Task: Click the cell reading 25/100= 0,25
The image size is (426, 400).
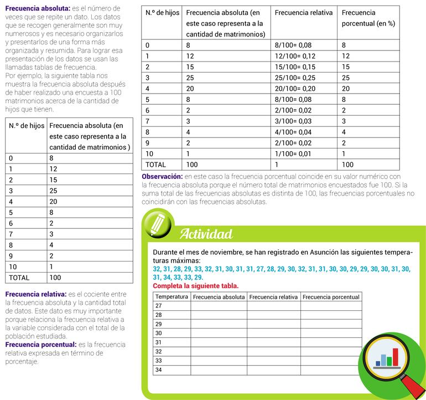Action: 295,78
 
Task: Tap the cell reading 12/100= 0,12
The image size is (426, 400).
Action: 295,56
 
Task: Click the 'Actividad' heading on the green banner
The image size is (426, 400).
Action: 206,234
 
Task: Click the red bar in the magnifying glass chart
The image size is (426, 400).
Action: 396,356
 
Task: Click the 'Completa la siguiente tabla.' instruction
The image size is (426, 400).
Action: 195,286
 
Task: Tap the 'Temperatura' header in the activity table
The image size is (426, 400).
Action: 172,297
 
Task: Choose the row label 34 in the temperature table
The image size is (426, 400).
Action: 159,370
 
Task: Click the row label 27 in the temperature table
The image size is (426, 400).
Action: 159,306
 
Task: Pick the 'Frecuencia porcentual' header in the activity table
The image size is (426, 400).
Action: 331,297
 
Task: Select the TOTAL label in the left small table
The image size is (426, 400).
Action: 19,278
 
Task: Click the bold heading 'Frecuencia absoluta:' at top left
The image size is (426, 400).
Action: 37,9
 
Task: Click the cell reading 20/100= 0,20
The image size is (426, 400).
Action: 295,89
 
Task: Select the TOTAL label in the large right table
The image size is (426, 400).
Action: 155,165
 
